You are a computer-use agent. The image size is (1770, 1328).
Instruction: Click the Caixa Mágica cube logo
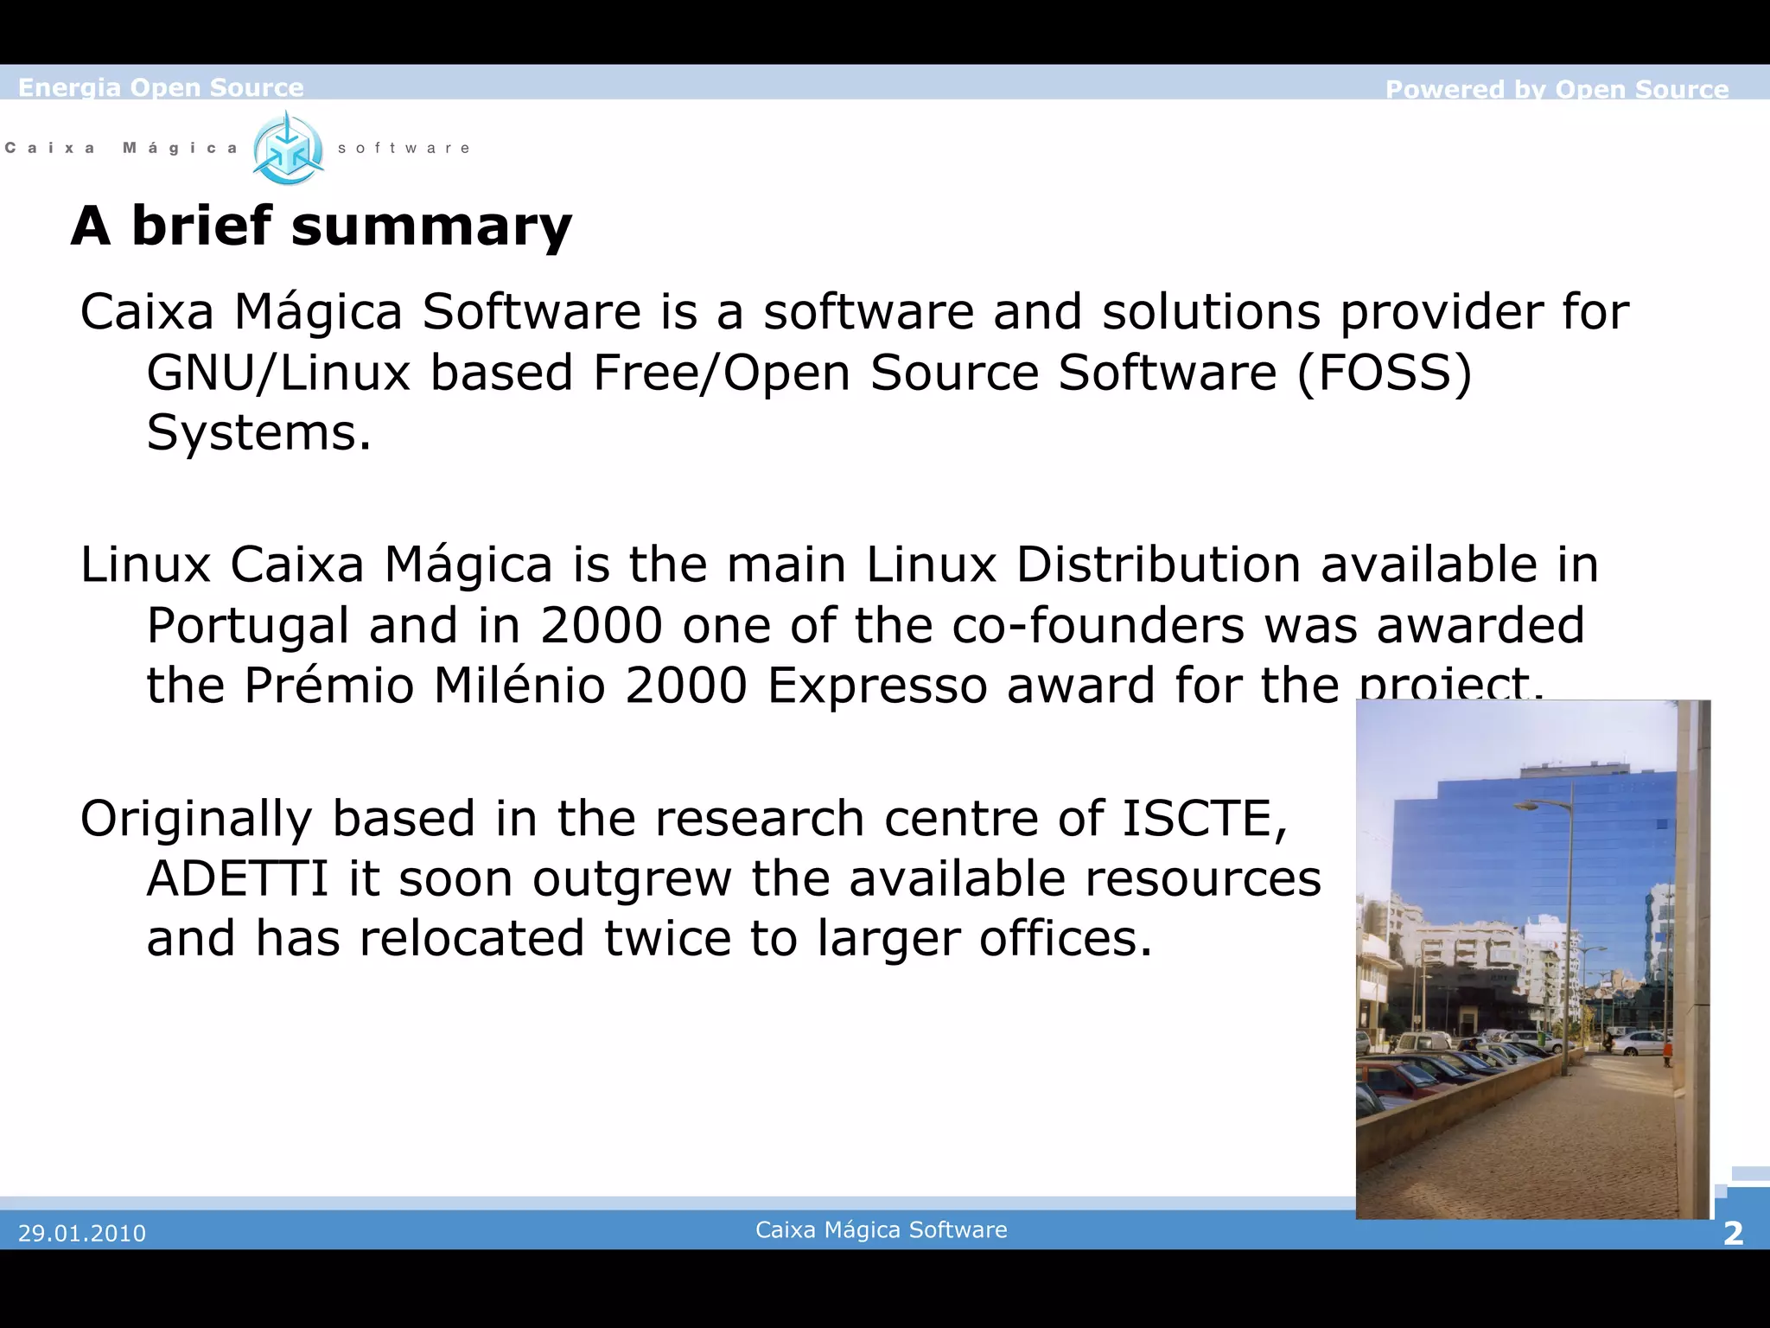[288, 149]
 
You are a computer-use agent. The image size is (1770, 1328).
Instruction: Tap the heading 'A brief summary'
[322, 227]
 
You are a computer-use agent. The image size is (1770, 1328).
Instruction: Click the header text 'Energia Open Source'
[161, 87]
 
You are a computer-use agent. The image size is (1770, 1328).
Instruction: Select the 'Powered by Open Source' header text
[1557, 89]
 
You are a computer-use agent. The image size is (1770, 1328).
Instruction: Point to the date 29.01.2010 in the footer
[82, 1233]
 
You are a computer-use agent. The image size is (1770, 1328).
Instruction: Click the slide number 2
[1733, 1233]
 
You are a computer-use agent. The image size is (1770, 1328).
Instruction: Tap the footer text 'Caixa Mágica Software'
[881, 1229]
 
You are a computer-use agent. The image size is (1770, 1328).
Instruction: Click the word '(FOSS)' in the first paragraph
[1384, 373]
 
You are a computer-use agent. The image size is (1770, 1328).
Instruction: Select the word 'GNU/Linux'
[277, 373]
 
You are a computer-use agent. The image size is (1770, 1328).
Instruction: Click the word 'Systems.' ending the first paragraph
[258, 432]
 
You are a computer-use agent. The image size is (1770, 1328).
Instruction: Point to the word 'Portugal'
[248, 626]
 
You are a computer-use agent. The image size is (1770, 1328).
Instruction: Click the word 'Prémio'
[328, 686]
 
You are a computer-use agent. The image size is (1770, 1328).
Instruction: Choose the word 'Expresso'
[877, 686]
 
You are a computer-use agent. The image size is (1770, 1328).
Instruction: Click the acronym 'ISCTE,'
[1205, 818]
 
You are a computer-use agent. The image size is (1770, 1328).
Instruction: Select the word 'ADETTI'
[238, 878]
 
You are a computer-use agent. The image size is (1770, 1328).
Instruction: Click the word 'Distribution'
[1158, 565]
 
